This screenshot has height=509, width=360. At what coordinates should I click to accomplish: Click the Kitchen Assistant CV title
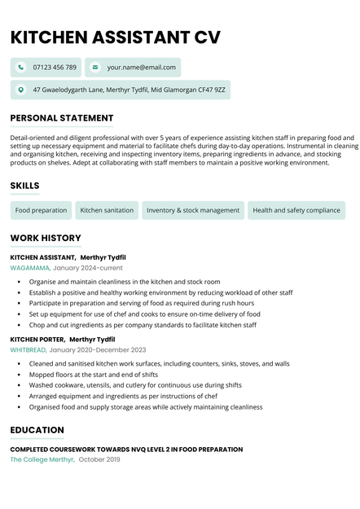tap(116, 37)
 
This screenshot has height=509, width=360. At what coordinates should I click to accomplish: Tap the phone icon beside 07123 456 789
tap(21, 67)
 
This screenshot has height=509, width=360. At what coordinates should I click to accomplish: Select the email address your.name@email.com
tap(141, 67)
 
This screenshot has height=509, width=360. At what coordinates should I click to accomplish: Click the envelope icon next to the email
tap(95, 67)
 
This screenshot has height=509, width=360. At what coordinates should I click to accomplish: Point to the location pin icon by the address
tap(21, 89)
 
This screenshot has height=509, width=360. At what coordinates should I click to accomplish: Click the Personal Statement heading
tap(62, 118)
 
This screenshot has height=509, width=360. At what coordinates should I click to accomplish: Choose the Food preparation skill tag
tap(41, 210)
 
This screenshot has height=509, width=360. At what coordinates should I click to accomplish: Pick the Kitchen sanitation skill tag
tap(107, 210)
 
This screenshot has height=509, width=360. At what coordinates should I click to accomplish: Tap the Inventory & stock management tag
tap(193, 210)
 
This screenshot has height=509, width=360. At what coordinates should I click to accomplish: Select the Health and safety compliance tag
tap(296, 210)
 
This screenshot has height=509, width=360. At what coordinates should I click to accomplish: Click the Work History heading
tap(46, 238)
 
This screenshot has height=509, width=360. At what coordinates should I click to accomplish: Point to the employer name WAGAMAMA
tap(29, 268)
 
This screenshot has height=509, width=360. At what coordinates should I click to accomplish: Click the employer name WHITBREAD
tap(28, 350)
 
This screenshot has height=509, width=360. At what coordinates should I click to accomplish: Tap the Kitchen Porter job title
tap(37, 340)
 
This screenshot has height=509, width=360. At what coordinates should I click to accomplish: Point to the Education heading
tap(37, 430)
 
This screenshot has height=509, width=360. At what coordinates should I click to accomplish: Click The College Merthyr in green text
tap(42, 460)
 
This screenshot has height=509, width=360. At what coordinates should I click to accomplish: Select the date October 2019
tap(99, 460)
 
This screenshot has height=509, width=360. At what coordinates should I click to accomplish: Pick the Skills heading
tap(24, 186)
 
